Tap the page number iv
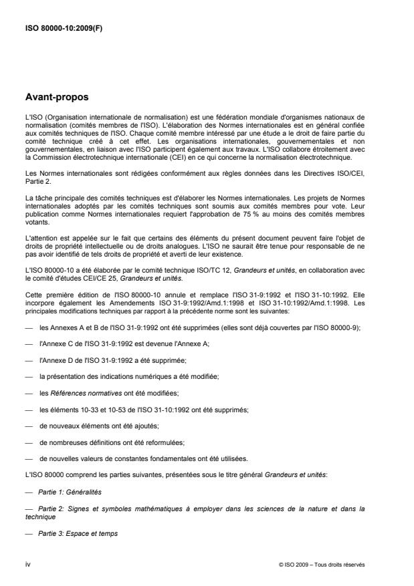coord(27,564)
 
